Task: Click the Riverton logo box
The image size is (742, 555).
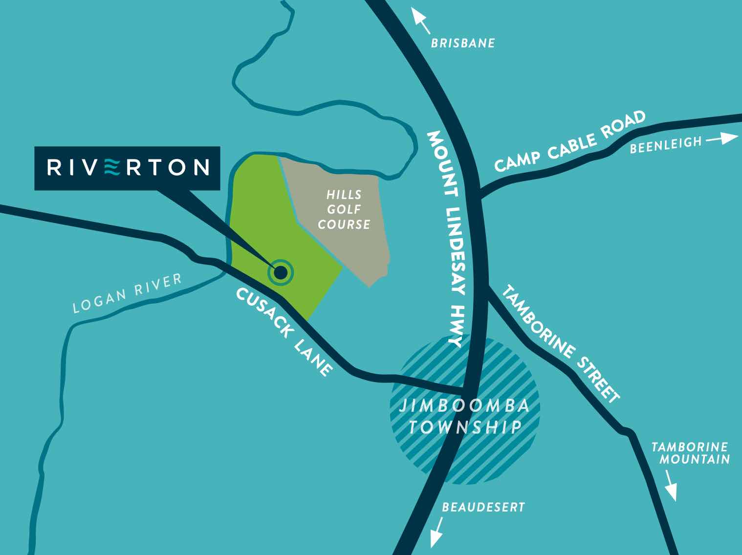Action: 127,168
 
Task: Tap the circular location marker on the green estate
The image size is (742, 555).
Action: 281,272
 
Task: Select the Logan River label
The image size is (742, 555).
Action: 127,293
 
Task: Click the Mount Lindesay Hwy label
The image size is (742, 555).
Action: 445,239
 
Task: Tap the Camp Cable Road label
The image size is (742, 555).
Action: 570,141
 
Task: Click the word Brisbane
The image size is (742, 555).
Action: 462,44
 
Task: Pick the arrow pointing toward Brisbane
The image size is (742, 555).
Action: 420,20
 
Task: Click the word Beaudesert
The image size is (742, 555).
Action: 483,507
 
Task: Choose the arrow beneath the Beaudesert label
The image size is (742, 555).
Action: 436,533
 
